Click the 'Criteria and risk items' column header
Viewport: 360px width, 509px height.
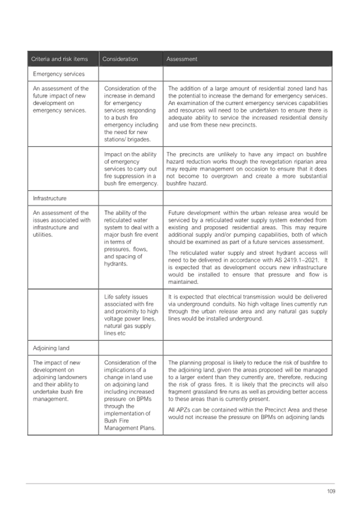pyautogui.click(x=60, y=59)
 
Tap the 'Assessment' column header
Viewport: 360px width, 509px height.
pyautogui.click(x=182, y=59)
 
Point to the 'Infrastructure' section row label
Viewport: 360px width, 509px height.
pyautogui.click(x=50, y=198)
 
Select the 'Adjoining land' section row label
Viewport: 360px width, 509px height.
pyautogui.click(x=51, y=348)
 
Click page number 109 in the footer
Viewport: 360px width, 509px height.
pyautogui.click(x=331, y=491)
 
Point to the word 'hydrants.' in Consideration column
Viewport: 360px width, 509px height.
pyautogui.click(x=116, y=264)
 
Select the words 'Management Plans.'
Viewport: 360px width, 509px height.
pyautogui.click(x=127, y=428)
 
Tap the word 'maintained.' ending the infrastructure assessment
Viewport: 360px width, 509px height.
pyautogui.click(x=183, y=282)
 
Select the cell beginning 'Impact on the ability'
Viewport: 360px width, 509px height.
pyautogui.click(x=131, y=169)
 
